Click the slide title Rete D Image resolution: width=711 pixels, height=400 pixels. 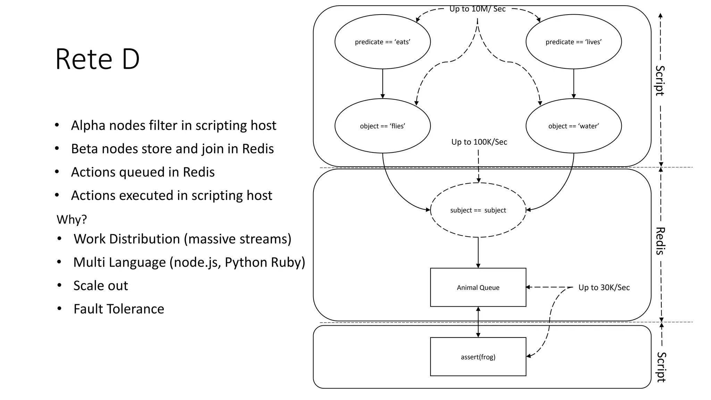[97, 59]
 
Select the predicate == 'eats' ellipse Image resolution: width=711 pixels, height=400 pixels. [383, 42]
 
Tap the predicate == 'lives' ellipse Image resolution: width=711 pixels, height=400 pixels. [574, 42]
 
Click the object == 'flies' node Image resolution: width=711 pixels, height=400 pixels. [383, 126]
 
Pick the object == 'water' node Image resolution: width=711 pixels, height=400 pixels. [574, 126]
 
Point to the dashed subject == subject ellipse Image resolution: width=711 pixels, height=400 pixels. [478, 210]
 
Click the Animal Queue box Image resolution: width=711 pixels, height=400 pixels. [478, 287]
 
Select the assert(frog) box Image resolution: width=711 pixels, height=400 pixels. [478, 357]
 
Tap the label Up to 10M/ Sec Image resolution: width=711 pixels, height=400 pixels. [477, 9]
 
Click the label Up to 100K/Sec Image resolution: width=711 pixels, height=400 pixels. [479, 142]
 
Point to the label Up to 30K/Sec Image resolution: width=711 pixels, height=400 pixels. [604, 287]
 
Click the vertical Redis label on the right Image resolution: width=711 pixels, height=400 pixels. [660, 241]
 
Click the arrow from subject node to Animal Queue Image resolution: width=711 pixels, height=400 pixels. [478, 253]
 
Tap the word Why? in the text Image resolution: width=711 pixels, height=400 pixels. [72, 219]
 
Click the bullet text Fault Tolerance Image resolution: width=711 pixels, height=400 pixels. [118, 309]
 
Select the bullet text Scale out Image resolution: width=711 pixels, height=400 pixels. [101, 286]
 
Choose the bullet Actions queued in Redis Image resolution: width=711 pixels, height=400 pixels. [143, 172]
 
